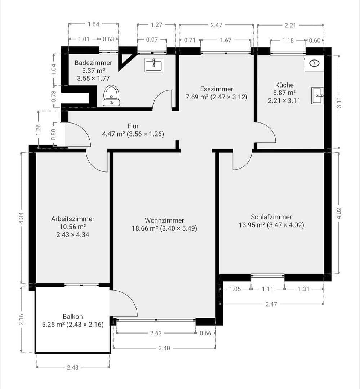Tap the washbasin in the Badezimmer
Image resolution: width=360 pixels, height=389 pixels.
[154, 65]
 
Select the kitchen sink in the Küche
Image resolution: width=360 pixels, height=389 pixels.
[317, 96]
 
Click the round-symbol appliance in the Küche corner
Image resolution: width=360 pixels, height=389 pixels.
[314, 63]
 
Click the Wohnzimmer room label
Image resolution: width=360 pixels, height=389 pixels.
[164, 220]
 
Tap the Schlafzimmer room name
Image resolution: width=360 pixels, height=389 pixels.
[271, 217]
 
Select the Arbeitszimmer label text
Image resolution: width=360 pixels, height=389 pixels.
[73, 219]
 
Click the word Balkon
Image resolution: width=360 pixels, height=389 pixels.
[73, 317]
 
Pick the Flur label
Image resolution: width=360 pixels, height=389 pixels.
[133, 126]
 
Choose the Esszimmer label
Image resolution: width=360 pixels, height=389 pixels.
[217, 89]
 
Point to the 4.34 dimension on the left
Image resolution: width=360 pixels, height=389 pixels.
[21, 218]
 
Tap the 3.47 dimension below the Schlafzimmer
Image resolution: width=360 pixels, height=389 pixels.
[271, 304]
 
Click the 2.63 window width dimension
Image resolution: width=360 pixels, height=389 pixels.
[156, 333]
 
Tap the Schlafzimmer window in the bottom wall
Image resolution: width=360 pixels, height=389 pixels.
[268, 276]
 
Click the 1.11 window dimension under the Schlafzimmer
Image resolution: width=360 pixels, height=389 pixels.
[268, 289]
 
